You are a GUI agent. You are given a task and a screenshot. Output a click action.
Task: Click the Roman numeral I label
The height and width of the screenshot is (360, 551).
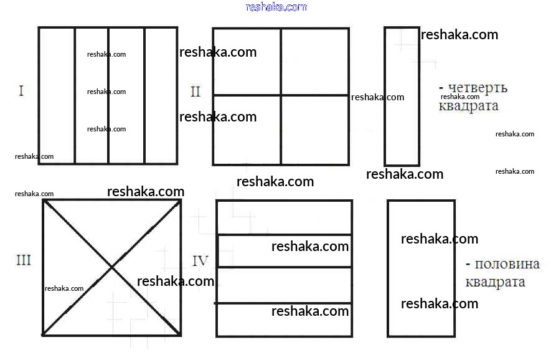tap(21, 92)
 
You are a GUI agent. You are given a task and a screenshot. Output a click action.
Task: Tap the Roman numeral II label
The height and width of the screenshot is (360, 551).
tap(195, 92)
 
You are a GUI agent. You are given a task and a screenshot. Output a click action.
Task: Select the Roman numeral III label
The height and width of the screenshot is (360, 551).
tap(23, 260)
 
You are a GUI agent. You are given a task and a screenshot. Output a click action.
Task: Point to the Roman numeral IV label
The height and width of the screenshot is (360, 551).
tap(200, 261)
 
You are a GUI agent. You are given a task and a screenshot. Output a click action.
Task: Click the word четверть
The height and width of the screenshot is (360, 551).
tap(476, 88)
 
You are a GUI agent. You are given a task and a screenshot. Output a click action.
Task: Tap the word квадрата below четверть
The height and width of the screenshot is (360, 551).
tap(468, 106)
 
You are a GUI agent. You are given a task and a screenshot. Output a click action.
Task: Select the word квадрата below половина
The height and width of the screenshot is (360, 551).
tap(495, 282)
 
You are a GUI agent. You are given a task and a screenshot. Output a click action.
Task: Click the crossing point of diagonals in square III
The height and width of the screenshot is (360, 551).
tap(112, 268)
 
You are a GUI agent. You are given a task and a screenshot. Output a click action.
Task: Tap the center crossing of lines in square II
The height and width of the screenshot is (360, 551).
tap(281, 95)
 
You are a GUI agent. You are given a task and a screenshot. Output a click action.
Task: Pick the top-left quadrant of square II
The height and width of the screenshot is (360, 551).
tap(247, 62)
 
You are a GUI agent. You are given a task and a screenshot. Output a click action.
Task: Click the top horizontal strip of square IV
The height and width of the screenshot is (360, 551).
tap(284, 217)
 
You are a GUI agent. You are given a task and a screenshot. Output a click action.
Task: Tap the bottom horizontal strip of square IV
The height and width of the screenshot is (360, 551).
tap(284, 320)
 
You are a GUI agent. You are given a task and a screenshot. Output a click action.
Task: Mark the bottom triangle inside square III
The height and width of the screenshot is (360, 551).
tap(112, 311)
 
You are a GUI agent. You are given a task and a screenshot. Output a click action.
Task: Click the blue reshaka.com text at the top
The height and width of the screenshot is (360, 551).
tap(276, 7)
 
